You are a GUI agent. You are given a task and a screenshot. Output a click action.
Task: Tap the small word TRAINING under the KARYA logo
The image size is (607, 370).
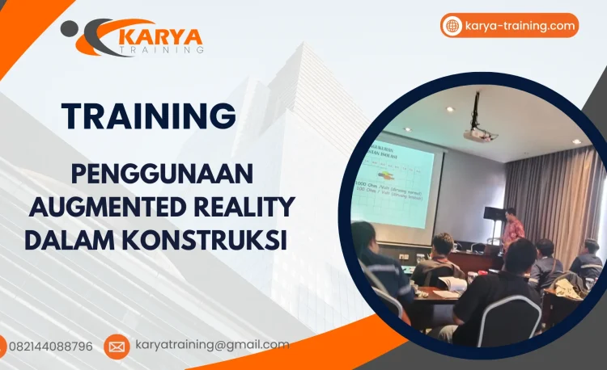coord(167,50)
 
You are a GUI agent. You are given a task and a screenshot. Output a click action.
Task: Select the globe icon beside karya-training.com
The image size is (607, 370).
coord(452,26)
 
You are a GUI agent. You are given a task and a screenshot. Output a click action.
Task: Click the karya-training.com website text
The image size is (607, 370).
coord(520,26)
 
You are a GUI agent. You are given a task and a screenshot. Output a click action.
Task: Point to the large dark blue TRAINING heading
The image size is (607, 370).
coord(149,116)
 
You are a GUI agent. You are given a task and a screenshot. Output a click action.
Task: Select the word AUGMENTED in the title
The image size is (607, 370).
coord(103,208)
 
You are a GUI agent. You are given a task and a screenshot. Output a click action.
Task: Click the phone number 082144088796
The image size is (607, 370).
coord(50,347)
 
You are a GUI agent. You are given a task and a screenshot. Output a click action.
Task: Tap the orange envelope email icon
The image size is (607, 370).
coord(117,347)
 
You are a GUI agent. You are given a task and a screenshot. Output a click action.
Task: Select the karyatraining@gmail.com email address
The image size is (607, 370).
coord(211,345)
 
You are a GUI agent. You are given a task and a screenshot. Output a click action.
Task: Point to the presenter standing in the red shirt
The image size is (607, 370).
coord(511,229)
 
